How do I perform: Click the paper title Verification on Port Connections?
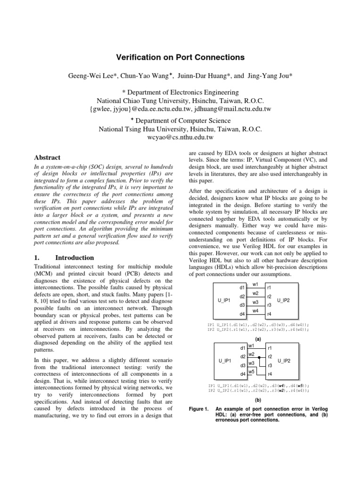click(181, 57)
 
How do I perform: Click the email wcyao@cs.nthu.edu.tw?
click(181, 137)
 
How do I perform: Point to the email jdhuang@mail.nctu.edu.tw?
click(231, 109)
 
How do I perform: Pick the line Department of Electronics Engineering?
click(181, 92)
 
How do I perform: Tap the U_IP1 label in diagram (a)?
click(224, 300)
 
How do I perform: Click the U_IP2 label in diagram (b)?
click(284, 361)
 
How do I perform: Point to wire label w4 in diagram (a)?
click(255, 311)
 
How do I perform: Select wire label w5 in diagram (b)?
click(252, 372)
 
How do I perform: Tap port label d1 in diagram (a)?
click(242, 287)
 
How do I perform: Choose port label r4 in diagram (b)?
click(270, 375)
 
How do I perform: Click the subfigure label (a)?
click(258, 338)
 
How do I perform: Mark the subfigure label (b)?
click(258, 400)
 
